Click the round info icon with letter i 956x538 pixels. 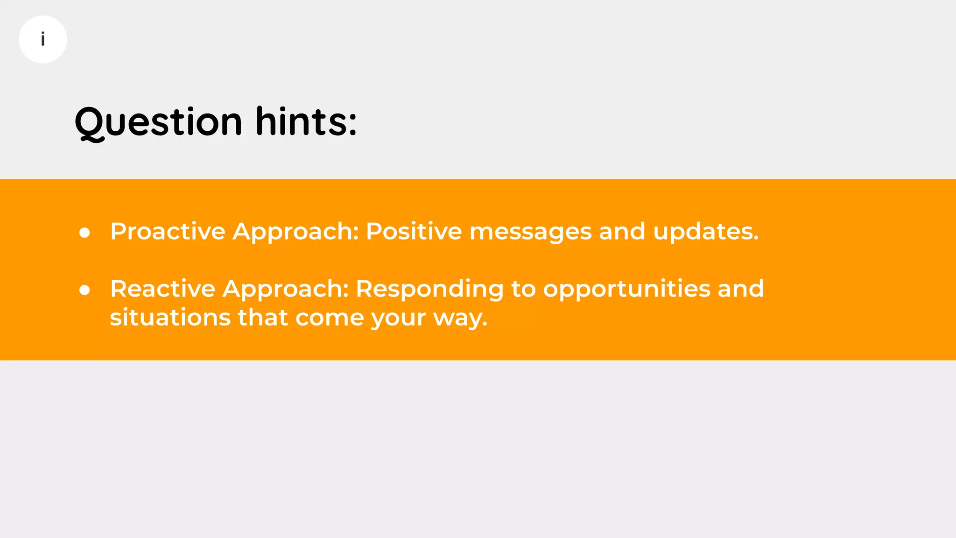pyautogui.click(x=43, y=39)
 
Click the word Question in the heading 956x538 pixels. pyautogui.click(x=158, y=122)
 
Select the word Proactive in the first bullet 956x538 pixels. pyautogui.click(x=168, y=231)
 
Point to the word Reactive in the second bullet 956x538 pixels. pyautogui.click(x=162, y=289)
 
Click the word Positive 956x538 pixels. pyautogui.click(x=414, y=231)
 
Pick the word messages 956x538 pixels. pyautogui.click(x=530, y=231)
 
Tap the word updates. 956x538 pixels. pyautogui.click(x=706, y=232)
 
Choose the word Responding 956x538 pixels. pyautogui.click(x=429, y=290)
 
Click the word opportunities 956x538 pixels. pyautogui.click(x=626, y=290)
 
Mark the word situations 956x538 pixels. pyautogui.click(x=170, y=318)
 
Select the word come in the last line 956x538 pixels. pyautogui.click(x=329, y=319)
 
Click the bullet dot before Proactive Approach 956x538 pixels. pyautogui.click(x=84, y=233)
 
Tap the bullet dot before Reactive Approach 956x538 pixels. pyautogui.click(x=84, y=290)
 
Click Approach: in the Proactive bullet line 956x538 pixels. pyautogui.click(x=295, y=232)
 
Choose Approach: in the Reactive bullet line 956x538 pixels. pyautogui.click(x=286, y=290)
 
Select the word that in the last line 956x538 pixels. pyautogui.click(x=263, y=318)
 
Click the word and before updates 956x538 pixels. pyautogui.click(x=622, y=231)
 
